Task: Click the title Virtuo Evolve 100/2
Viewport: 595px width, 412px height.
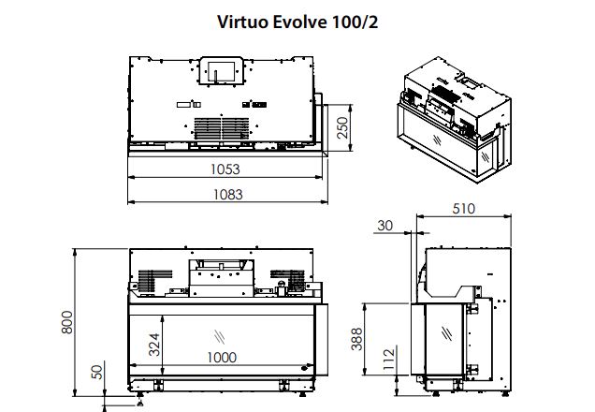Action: (297, 22)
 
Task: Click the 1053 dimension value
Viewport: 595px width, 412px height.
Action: (225, 169)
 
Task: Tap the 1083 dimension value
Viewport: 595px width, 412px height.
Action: (227, 195)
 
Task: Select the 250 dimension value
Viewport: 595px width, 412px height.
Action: (341, 128)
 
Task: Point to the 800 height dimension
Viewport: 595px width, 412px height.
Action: (67, 322)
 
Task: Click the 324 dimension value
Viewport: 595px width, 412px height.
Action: (154, 345)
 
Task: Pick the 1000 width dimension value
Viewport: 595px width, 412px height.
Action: (222, 358)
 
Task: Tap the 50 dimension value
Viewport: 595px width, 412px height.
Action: (97, 372)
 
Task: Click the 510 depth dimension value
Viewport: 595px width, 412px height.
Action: (464, 209)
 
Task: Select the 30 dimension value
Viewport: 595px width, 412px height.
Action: (385, 226)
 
